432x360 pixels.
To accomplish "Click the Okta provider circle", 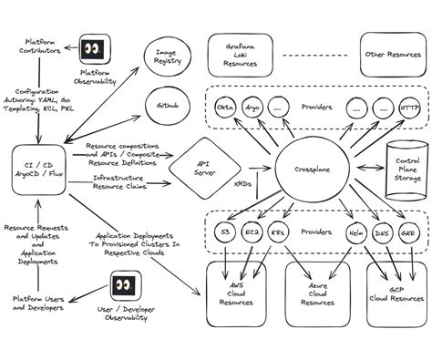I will point(225,108).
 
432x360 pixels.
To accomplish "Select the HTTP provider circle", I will point(408,108).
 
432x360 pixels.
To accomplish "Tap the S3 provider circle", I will point(224,234).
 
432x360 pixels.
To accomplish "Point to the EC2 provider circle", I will point(252,234).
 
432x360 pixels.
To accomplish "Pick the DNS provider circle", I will point(382,234).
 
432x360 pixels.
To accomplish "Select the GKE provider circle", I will point(408,234).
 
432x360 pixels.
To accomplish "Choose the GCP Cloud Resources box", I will point(395,296).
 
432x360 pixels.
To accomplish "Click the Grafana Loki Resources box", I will point(239,54).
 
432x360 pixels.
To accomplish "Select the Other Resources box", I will point(391,54).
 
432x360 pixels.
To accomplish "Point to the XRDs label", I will point(247,181).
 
